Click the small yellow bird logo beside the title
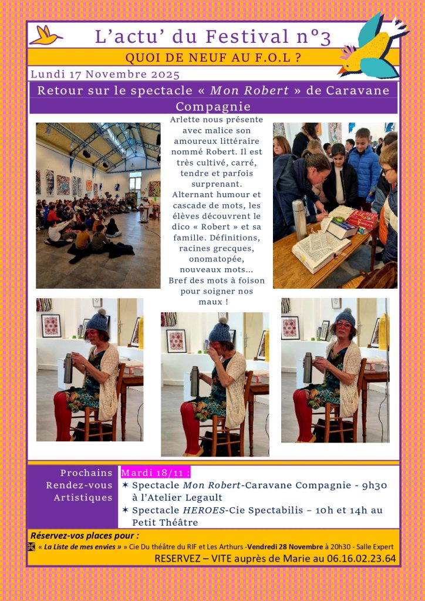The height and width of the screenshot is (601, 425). (x=46, y=35)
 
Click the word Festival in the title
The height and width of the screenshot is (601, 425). (x=247, y=37)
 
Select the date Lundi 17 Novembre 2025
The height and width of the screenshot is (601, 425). (x=105, y=74)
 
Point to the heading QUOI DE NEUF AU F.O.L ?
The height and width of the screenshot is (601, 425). (x=213, y=58)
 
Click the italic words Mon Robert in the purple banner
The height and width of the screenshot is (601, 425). (x=249, y=90)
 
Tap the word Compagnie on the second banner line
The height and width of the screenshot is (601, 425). (x=213, y=107)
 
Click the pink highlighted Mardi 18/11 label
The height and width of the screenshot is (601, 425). (x=156, y=472)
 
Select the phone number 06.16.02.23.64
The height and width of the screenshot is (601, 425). (x=362, y=559)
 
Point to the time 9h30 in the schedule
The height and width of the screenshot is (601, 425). (x=375, y=485)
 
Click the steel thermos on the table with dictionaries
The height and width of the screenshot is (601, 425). (x=300, y=220)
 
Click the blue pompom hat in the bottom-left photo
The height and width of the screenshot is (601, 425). (x=97, y=320)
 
